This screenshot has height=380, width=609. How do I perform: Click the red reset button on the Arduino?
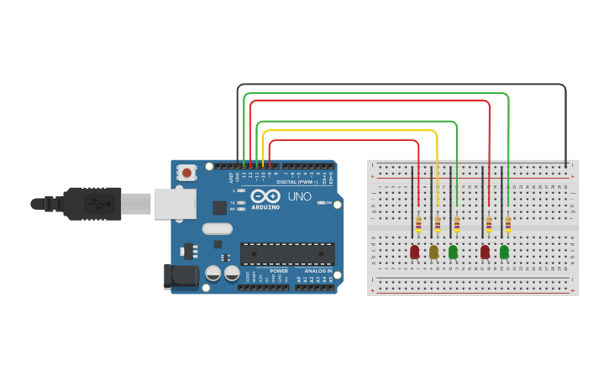pyautogui.click(x=186, y=172)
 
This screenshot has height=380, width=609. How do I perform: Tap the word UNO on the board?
pyautogui.click(x=300, y=196)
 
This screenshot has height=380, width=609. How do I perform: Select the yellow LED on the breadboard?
pyautogui.click(x=433, y=251)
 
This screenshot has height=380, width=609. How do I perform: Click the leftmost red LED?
pyautogui.click(x=414, y=251)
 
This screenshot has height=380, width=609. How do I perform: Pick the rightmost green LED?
pyautogui.click(x=504, y=251)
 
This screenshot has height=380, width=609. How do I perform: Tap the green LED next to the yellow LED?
pyautogui.click(x=453, y=251)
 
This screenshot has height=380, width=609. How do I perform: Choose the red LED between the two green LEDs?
pyautogui.click(x=485, y=251)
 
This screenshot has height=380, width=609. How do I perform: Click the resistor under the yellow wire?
pyautogui.click(x=437, y=224)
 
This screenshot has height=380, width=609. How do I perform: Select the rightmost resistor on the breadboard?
pyautogui.click(x=508, y=224)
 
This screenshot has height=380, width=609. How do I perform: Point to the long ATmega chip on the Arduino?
pyautogui.click(x=287, y=253)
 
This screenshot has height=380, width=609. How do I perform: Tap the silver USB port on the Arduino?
pyautogui.click(x=175, y=203)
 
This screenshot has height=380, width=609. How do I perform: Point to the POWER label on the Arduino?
pyautogui.click(x=279, y=271)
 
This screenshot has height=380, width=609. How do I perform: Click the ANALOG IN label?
pyautogui.click(x=318, y=271)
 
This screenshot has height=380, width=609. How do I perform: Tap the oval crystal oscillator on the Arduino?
pyautogui.click(x=217, y=228)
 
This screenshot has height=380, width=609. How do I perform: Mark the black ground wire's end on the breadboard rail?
pyautogui.click(x=565, y=164)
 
